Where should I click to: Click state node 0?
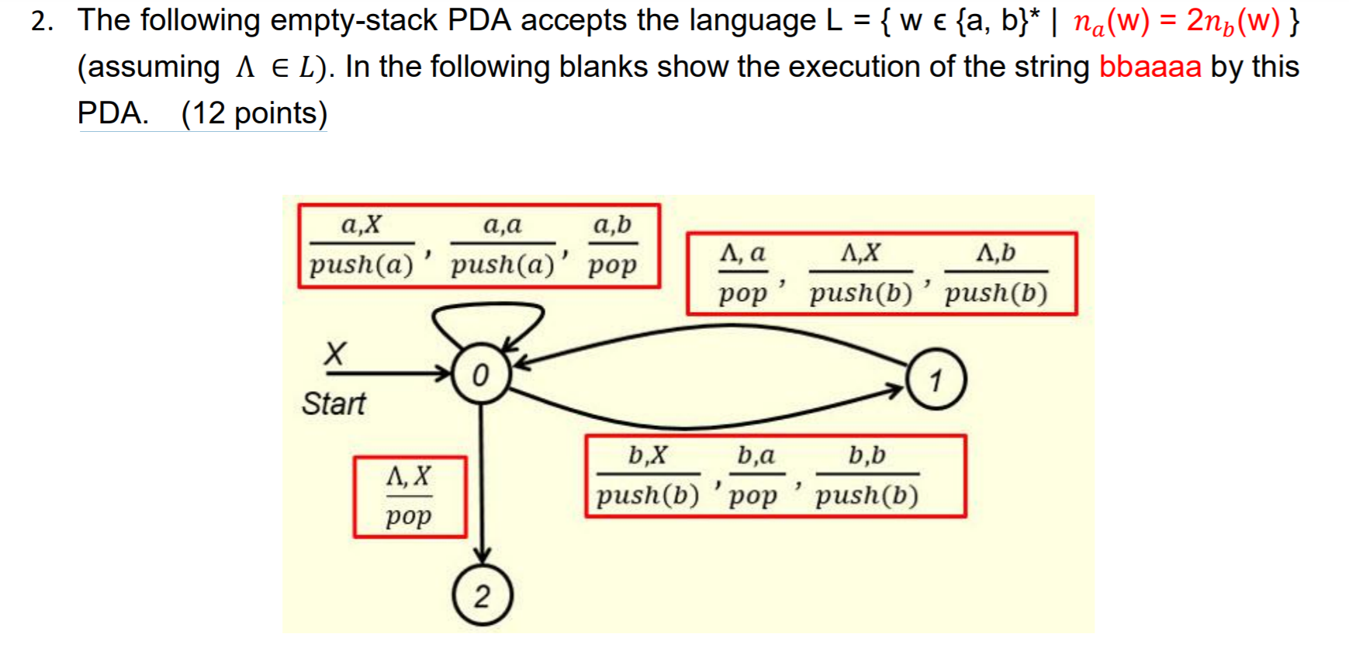click(481, 375)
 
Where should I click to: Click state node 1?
click(936, 380)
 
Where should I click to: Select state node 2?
click(483, 596)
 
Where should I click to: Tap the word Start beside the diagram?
click(334, 404)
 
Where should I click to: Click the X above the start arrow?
click(334, 354)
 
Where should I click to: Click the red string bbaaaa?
click(1150, 67)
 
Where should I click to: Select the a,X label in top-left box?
click(361, 225)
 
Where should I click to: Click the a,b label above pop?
click(612, 225)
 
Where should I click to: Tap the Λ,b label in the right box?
click(996, 252)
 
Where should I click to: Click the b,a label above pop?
click(756, 455)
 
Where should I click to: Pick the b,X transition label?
click(648, 455)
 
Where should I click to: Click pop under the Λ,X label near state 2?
click(409, 516)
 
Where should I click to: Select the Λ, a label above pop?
click(742, 252)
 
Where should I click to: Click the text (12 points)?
click(254, 113)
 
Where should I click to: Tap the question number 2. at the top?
click(43, 21)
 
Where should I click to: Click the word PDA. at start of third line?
click(113, 113)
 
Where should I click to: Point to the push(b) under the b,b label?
click(866, 495)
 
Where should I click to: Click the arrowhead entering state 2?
click(483, 556)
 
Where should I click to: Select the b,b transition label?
click(866, 455)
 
